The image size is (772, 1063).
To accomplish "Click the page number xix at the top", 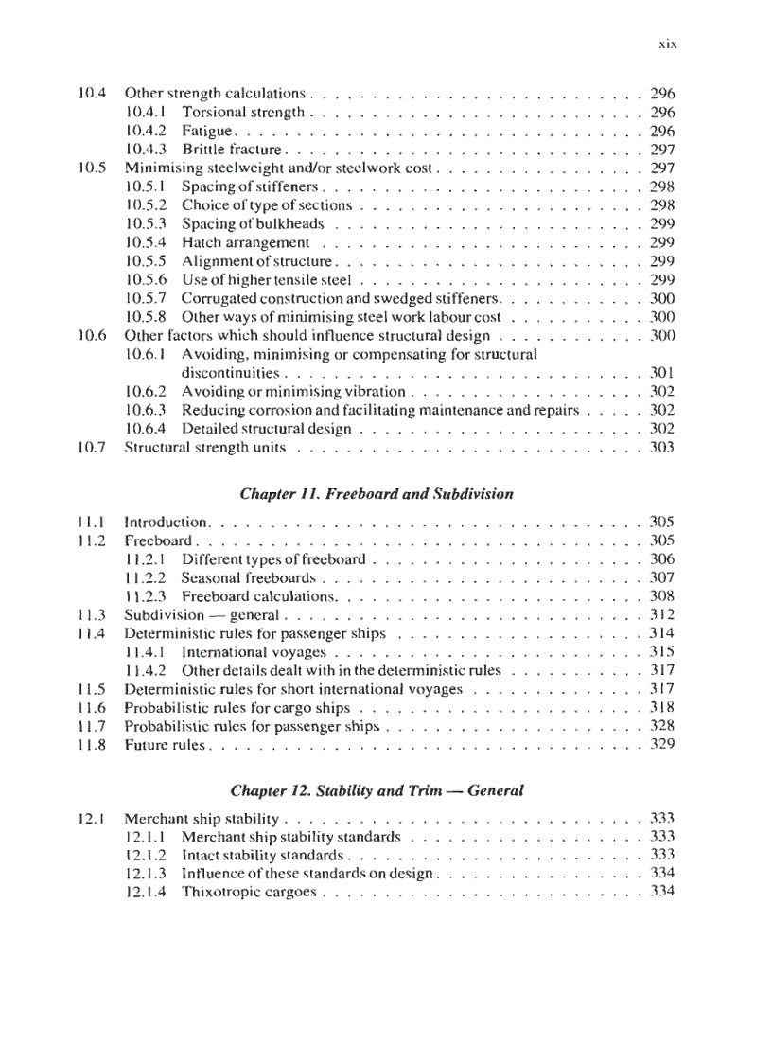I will (667, 44).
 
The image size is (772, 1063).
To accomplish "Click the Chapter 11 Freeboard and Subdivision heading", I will (377, 493).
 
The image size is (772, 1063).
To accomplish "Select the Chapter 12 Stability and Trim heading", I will (377, 789).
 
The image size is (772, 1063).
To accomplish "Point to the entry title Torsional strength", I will (243, 113).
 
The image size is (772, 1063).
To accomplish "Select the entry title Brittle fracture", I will (232, 150).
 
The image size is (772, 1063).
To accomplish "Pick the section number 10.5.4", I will (146, 243).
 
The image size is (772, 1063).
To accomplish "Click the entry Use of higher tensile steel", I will (266, 280).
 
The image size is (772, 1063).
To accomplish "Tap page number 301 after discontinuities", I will (662, 373).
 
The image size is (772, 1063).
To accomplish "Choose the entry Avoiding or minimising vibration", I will (293, 392).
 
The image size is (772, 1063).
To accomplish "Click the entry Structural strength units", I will (205, 448).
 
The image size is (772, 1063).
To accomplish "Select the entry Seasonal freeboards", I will (248, 577).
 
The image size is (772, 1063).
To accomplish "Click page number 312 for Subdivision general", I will (662, 615).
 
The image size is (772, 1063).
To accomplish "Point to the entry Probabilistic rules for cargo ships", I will (237, 708).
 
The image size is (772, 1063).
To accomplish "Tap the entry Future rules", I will (165, 745).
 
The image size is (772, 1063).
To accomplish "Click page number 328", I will (662, 726).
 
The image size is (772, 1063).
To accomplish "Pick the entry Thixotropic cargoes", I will (248, 893).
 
